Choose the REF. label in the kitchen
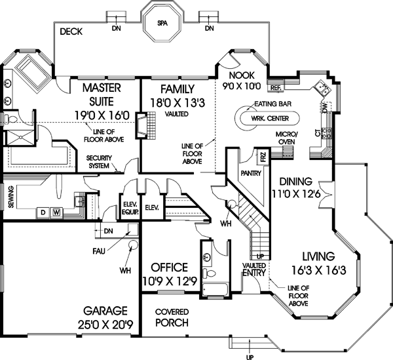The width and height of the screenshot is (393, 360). [275, 87]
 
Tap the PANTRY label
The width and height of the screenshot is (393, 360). [251, 174]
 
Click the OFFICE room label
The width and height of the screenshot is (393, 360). [169, 268]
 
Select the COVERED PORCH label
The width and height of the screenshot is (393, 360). [172, 317]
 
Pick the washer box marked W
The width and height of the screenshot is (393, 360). [56, 212]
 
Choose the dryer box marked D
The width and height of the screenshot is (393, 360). [43, 212]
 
